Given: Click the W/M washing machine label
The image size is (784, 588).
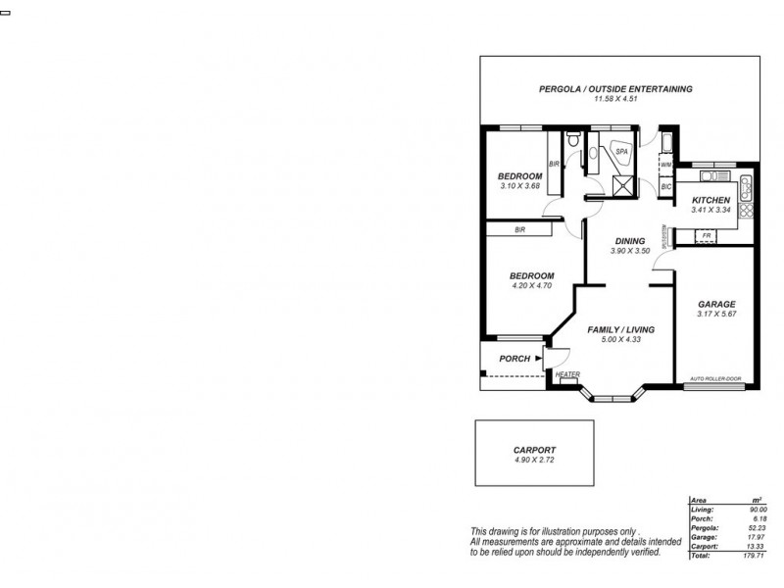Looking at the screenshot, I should pyautogui.click(x=665, y=167).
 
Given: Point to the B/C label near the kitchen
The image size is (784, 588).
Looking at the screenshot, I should pyautogui.click(x=665, y=186).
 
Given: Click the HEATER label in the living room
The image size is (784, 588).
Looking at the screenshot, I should pyautogui.click(x=567, y=374).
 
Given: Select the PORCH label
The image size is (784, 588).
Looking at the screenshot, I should pyautogui.click(x=514, y=359).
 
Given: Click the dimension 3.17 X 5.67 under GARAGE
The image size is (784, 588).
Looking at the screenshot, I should pyautogui.click(x=715, y=315).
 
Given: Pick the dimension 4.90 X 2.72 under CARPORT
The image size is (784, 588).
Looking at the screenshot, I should pyautogui.click(x=534, y=460).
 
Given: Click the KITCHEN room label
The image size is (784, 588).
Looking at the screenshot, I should pyautogui.click(x=711, y=199).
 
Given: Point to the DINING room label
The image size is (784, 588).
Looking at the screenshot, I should pyautogui.click(x=629, y=241).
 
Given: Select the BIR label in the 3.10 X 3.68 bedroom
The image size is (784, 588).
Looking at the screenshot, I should pyautogui.click(x=554, y=164).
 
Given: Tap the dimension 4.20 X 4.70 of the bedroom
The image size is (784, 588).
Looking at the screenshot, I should pyautogui.click(x=533, y=286).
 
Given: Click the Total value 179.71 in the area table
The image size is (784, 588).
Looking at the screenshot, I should pyautogui.click(x=752, y=556).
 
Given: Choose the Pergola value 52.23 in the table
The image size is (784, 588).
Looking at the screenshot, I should pyautogui.click(x=755, y=528).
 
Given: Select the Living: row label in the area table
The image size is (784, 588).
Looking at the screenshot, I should pyautogui.click(x=702, y=510).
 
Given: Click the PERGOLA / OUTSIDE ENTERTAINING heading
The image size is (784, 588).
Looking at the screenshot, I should pyautogui.click(x=615, y=89).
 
